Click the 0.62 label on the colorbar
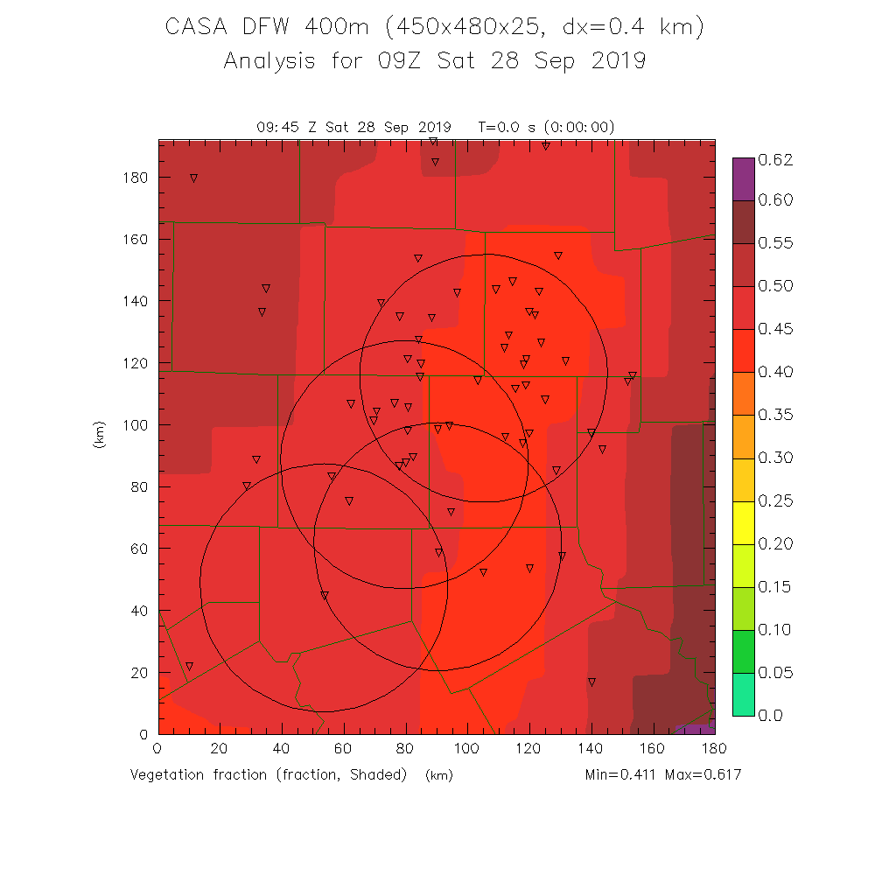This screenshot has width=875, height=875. (x=774, y=159)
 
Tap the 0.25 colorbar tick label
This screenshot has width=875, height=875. (x=774, y=500)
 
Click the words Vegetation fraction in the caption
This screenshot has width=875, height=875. (x=200, y=775)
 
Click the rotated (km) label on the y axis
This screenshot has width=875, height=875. (x=99, y=435)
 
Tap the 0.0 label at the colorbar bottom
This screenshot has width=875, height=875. (x=770, y=716)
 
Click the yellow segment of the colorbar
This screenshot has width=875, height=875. (x=743, y=522)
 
